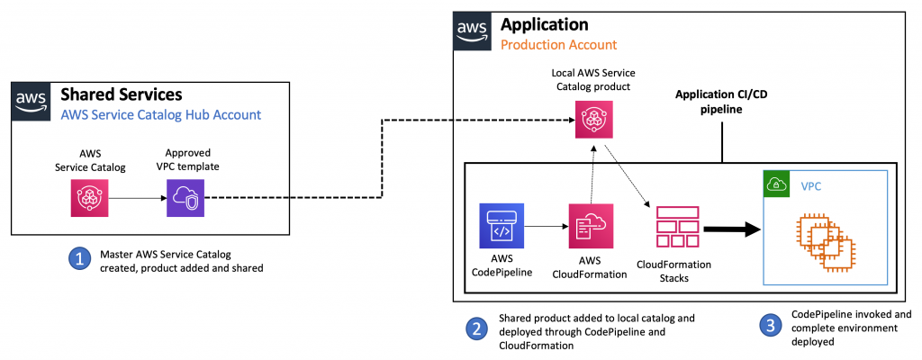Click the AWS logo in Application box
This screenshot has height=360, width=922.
click(x=471, y=32)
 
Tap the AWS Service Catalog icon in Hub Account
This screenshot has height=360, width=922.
click(x=91, y=198)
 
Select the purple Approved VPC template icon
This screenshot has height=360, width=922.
click(x=185, y=198)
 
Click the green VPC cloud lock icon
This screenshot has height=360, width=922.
click(x=776, y=184)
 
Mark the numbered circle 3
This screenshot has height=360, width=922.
click(x=770, y=327)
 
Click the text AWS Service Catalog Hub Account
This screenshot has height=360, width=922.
click(x=159, y=114)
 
